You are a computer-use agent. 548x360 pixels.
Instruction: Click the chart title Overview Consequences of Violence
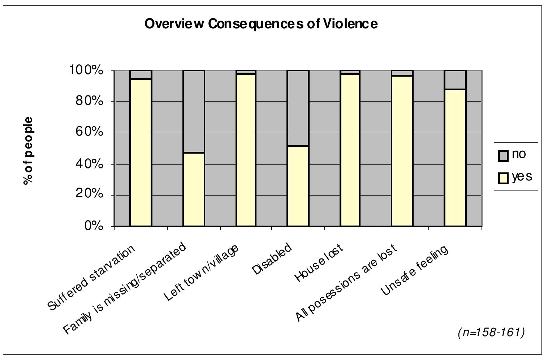pyautogui.click(x=261, y=24)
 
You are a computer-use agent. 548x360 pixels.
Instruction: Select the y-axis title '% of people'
pyautogui.click(x=28, y=151)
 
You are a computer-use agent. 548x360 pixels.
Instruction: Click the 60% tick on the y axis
pyautogui.click(x=89, y=132)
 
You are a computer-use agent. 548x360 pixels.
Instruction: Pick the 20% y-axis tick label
pyautogui.click(x=89, y=194)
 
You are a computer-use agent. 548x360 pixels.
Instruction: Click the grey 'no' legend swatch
pyautogui.click(x=503, y=155)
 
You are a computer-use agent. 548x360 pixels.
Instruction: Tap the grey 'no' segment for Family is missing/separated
pyautogui.click(x=194, y=111)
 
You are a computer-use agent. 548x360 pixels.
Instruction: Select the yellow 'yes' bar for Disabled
pyautogui.click(x=298, y=186)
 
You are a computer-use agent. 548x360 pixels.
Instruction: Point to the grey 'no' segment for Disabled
pyautogui.click(x=298, y=108)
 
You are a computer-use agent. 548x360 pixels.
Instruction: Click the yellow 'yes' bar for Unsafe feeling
pyautogui.click(x=455, y=158)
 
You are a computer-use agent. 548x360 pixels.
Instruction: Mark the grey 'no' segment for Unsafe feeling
pyautogui.click(x=455, y=80)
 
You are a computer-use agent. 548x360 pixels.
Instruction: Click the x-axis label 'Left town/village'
pyautogui.click(x=201, y=273)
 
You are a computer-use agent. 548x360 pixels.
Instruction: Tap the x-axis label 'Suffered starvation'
pyautogui.click(x=91, y=278)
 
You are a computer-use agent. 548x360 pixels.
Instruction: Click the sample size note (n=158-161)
pyautogui.click(x=491, y=332)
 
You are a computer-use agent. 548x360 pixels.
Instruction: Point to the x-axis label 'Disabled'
pyautogui.click(x=272, y=259)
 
